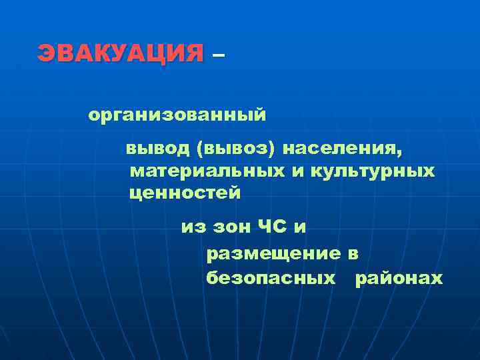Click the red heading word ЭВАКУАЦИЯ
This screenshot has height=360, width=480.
point(121,53)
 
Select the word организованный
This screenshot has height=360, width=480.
point(177,116)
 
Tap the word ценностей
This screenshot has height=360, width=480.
point(185,193)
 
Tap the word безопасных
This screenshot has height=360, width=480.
point(271,277)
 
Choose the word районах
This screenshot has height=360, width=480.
point(399,277)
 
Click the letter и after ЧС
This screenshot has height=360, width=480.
point(301,228)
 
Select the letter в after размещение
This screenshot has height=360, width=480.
point(353,254)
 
